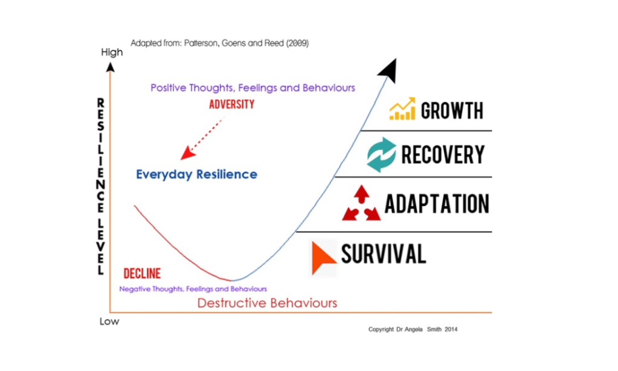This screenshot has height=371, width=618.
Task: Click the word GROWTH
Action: [452, 110]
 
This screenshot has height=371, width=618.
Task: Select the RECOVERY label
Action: [443, 154]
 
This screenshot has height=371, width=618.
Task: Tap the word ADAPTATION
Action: [437, 204]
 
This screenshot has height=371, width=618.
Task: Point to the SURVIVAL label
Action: [384, 254]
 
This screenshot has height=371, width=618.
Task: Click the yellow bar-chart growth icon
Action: [402, 109]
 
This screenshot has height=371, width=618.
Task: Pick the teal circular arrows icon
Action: [381, 154]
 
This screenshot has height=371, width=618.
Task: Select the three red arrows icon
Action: [361, 203]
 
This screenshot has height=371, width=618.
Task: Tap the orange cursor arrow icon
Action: [323, 258]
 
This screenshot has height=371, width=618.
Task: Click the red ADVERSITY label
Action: [232, 104]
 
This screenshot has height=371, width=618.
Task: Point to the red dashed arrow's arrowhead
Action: [187, 153]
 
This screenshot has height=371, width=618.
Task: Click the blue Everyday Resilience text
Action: [197, 174]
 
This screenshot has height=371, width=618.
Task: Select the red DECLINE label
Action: [142, 273]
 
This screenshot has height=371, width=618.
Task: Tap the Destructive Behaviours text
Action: [267, 303]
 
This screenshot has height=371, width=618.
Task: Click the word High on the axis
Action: [112, 52]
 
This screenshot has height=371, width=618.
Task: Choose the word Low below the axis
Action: [109, 322]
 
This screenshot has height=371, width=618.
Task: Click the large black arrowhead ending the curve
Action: [388, 71]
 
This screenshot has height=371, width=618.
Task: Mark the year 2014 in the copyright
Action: [451, 329]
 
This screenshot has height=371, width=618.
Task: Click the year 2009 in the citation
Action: [297, 43]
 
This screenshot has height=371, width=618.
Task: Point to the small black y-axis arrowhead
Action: [111, 68]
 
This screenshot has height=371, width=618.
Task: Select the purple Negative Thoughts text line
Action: [193, 289]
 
